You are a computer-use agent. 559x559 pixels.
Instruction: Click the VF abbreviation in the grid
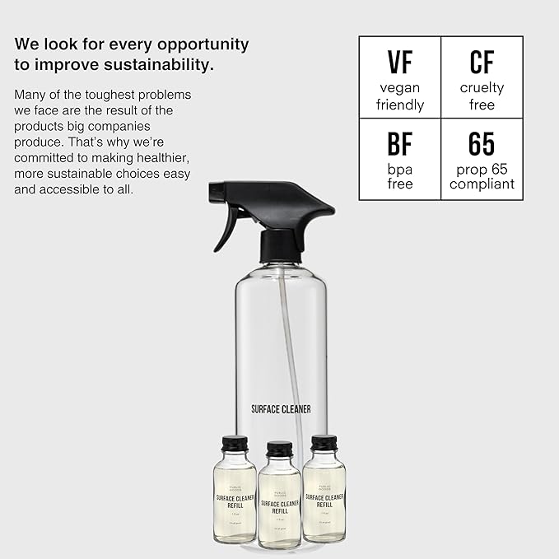399,63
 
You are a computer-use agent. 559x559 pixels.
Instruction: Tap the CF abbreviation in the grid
482,63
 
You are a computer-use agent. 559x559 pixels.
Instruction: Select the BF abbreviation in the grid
399,143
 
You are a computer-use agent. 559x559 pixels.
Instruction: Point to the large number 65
482,143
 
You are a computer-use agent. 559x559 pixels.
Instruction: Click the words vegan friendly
399,96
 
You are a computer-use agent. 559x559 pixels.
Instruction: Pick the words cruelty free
482,96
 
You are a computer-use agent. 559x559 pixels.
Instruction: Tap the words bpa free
399,176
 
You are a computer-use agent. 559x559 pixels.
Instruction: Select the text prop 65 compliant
482,176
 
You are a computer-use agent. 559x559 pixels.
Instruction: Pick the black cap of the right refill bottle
324,444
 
